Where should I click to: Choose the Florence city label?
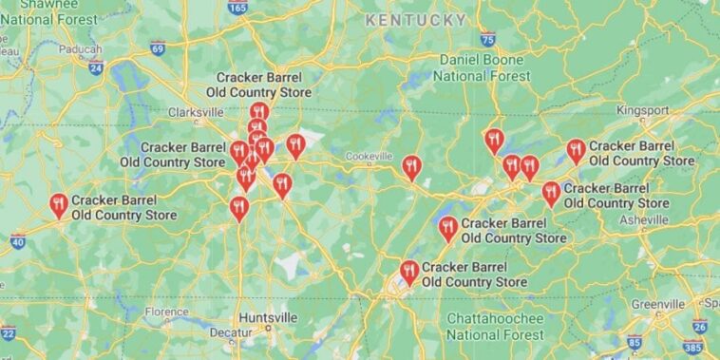click(x=166, y=312)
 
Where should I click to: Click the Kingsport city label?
click(x=642, y=110)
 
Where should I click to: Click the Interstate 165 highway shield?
click(x=237, y=7)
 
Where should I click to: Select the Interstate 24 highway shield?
click(x=95, y=67)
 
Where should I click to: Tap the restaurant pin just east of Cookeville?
click(x=411, y=167)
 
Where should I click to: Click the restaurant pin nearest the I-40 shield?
click(x=59, y=204)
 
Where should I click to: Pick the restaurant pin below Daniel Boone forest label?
click(x=493, y=140)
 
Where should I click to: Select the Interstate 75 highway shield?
click(x=487, y=39)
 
